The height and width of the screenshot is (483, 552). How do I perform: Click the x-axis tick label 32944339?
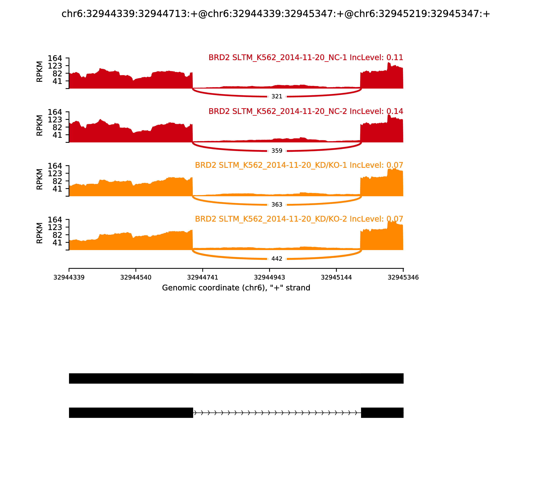tap(69, 277)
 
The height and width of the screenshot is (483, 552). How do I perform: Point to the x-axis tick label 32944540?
tap(136, 277)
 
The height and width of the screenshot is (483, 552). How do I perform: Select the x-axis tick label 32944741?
tap(203, 277)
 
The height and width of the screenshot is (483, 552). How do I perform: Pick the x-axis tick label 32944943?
tap(269, 277)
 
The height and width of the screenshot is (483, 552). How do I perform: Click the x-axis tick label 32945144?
tap(336, 277)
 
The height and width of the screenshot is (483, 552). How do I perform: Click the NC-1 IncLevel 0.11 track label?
tap(306, 58)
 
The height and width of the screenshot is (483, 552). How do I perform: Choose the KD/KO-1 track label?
tap(299, 165)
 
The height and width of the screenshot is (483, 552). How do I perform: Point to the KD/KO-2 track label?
tap(299, 219)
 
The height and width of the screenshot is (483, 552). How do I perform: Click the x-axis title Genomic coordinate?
tap(236, 288)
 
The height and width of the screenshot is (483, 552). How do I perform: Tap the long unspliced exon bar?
tap(236, 378)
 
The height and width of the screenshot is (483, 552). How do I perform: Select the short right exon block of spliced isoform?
tap(382, 413)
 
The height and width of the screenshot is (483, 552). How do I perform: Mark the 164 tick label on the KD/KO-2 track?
tap(55, 220)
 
